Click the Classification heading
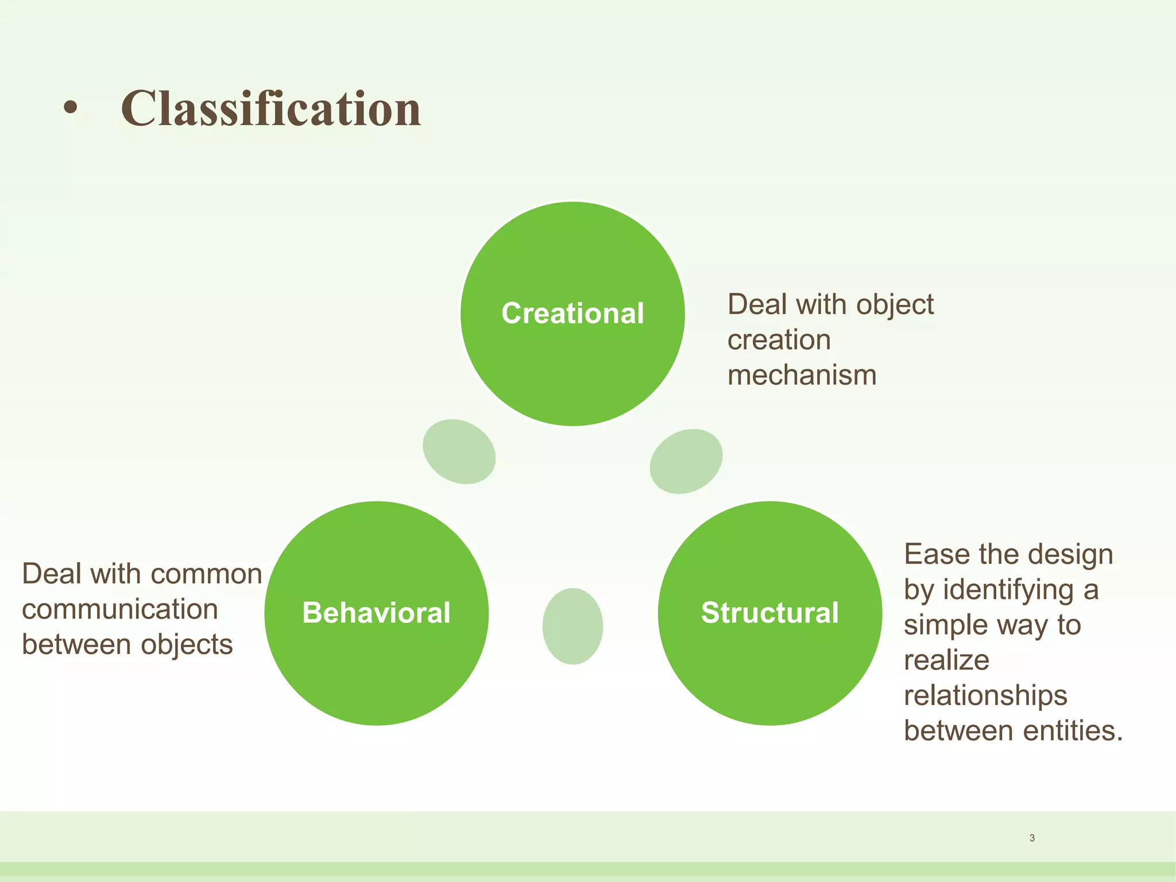pos(270,109)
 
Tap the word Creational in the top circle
pos(572,314)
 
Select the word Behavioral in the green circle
pos(376,613)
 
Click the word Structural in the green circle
pos(769,613)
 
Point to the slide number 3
pos(1032,838)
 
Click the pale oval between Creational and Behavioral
pos(459,451)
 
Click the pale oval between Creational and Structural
pos(686,461)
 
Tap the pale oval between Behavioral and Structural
pos(572,626)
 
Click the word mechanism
pos(802,376)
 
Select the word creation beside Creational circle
pos(779,340)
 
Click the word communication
pos(120,609)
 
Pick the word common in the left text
pos(207,574)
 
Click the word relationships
pos(985,696)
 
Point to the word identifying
pos(1008,590)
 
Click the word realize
pos(946,660)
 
